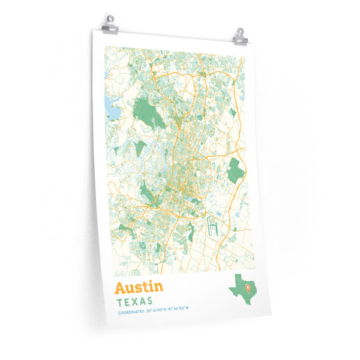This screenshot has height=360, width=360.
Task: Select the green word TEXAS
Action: tap(134, 300)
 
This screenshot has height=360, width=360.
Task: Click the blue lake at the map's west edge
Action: tap(112, 108)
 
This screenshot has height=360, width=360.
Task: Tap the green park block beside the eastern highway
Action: tap(235, 171)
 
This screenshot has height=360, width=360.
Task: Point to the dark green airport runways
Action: tap(211, 227)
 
